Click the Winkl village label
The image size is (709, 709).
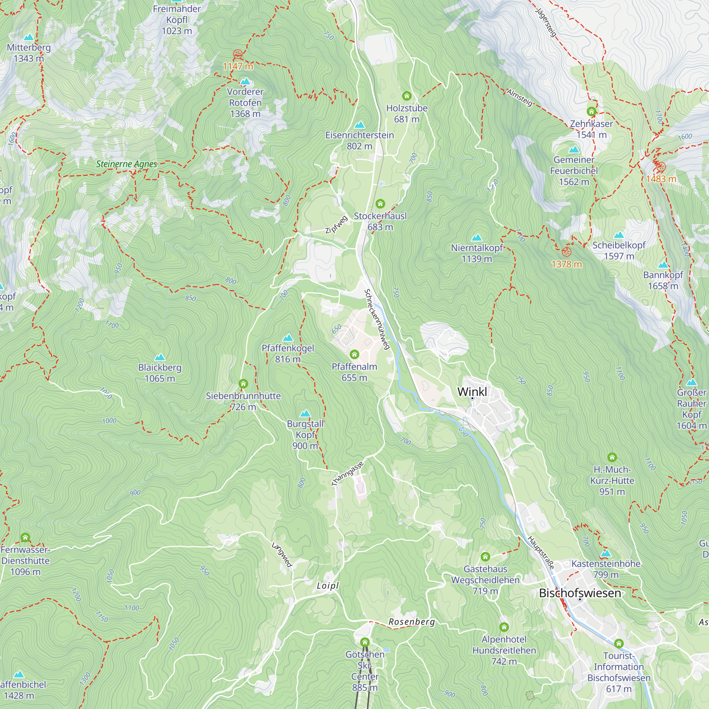pyautogui.click(x=472, y=392)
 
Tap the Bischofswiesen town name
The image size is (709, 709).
pyautogui.click(x=580, y=593)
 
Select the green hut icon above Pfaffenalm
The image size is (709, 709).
pyautogui.click(x=354, y=354)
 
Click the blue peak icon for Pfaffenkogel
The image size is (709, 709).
pyautogui.click(x=288, y=337)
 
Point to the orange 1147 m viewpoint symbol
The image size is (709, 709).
pyautogui.click(x=238, y=54)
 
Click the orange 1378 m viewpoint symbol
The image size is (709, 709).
pyautogui.click(x=566, y=252)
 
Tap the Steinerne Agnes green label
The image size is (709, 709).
pyautogui.click(x=127, y=164)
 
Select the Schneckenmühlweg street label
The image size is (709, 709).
pyautogui.click(x=376, y=319)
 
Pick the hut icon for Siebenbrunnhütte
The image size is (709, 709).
pyautogui.click(x=243, y=384)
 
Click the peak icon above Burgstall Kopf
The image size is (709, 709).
pyautogui.click(x=305, y=414)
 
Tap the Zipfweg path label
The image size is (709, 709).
pyautogui.click(x=336, y=225)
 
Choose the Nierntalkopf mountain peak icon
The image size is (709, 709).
pyautogui.click(x=476, y=238)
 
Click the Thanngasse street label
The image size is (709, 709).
pyautogui.click(x=347, y=474)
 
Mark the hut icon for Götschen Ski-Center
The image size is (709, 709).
pyautogui.click(x=364, y=642)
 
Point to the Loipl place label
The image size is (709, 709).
pyautogui.click(x=328, y=586)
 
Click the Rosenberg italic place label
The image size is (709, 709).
pyautogui.click(x=412, y=622)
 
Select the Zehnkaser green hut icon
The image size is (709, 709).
pyautogui.click(x=591, y=112)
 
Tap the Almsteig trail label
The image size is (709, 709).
pyautogui.click(x=519, y=97)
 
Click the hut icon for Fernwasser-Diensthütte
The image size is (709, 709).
pyautogui.click(x=25, y=538)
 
